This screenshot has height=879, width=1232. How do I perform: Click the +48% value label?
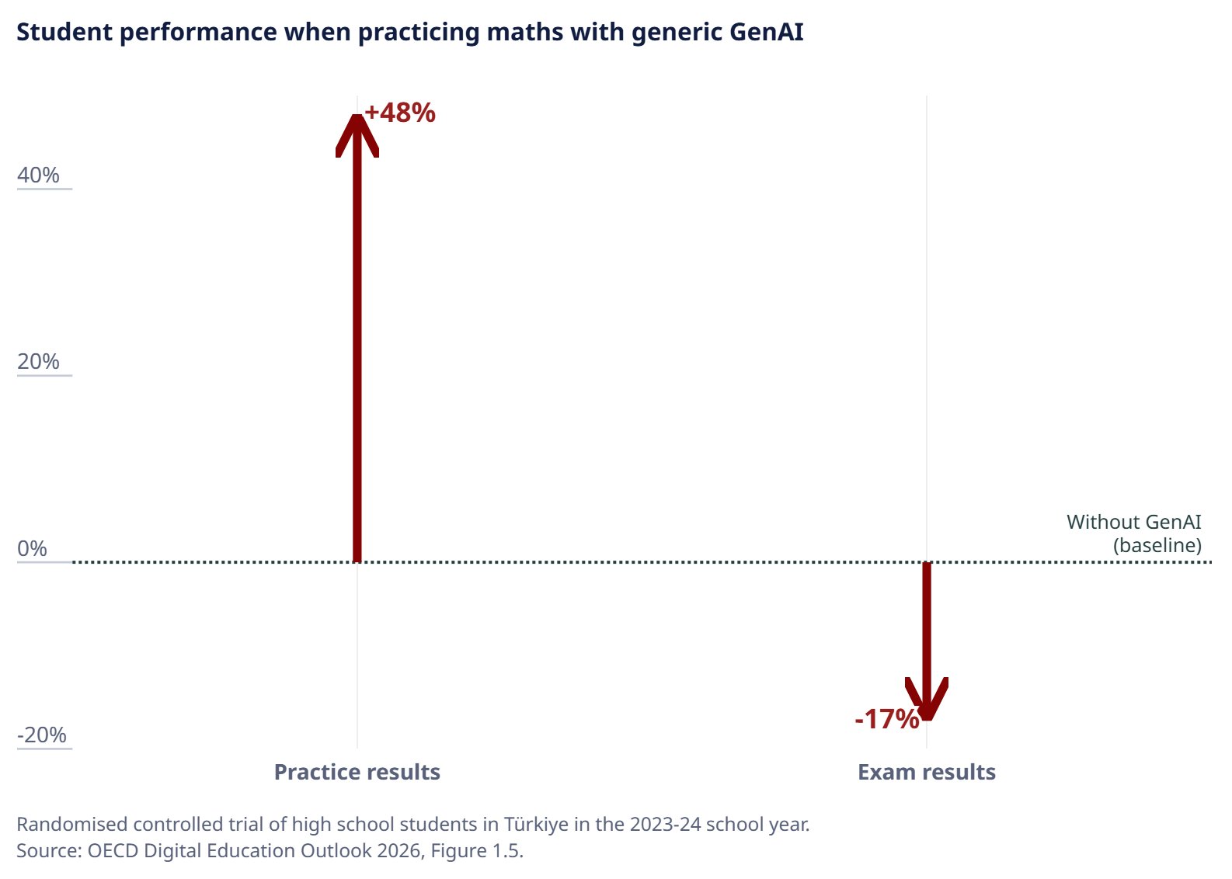[400, 113]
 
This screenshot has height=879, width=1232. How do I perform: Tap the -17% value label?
[887, 719]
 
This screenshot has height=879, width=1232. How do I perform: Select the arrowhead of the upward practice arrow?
[357, 135]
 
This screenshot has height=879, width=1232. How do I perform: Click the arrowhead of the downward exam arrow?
[927, 699]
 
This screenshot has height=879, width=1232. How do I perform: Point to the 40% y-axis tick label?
[38, 175]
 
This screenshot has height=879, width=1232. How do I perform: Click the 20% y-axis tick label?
[38, 362]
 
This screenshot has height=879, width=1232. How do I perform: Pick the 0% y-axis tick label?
[32, 549]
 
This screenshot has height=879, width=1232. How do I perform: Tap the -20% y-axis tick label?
[42, 735]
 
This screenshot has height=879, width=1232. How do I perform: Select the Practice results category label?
[357, 773]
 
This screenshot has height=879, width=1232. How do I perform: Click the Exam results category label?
[927, 773]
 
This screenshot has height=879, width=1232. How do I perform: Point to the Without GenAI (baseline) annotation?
[1134, 533]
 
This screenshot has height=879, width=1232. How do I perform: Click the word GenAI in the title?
[767, 32]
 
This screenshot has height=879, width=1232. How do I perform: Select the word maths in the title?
[525, 32]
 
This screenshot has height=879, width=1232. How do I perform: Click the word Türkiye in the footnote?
[536, 825]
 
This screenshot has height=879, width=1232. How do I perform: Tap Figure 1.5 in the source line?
[475, 851]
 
